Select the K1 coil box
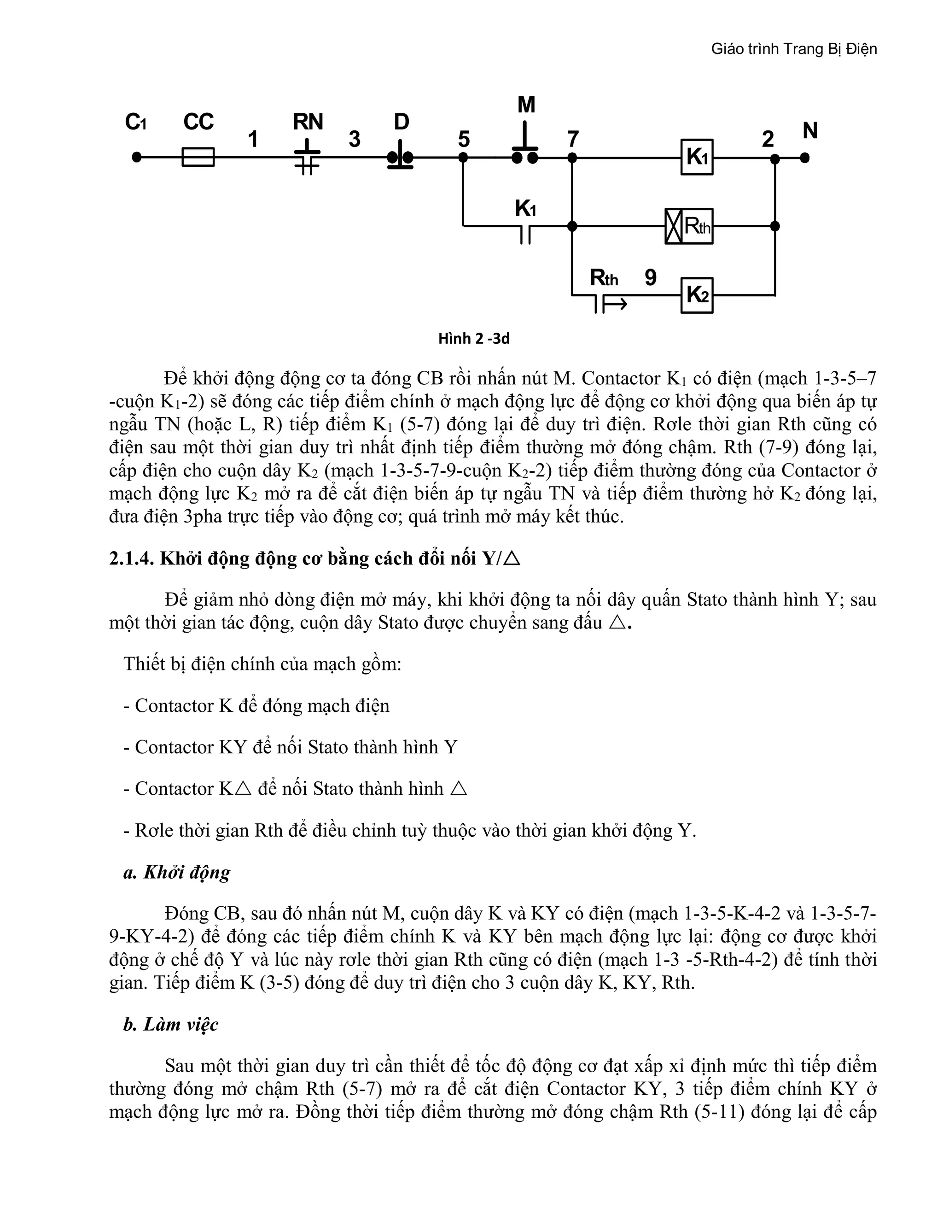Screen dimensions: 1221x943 coord(697,157)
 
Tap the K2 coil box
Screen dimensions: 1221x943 coord(697,294)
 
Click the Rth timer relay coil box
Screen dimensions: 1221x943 coord(689,226)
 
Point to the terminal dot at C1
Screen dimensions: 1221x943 coord(136,157)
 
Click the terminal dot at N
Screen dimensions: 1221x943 coord(804,158)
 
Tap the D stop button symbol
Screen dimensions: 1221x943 coord(400,159)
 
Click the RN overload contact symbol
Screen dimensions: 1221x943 coord(307,158)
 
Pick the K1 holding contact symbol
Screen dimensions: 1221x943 coord(525,231)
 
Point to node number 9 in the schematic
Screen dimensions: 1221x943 coord(650,278)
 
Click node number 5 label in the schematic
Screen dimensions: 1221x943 coord(464,139)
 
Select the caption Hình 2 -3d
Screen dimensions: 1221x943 coord(474,339)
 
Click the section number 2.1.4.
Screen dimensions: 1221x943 coord(131,558)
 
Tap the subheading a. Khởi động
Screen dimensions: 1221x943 coord(176,872)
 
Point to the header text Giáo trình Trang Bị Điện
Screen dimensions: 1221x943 coord(794,49)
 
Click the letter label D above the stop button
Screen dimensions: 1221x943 coord(401,122)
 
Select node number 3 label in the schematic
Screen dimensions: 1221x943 coord(354,139)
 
